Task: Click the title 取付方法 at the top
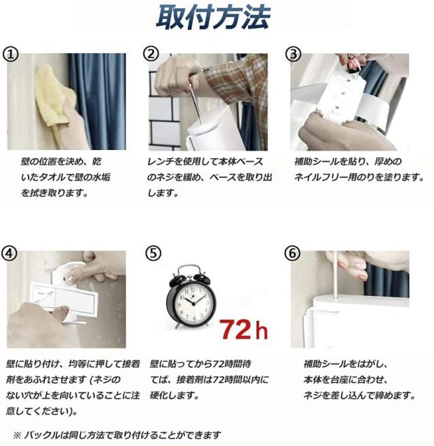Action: pyautogui.click(x=213, y=18)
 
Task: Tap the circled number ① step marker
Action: pyautogui.click(x=10, y=54)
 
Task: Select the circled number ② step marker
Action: pyautogui.click(x=151, y=54)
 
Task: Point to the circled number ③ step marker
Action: pyautogui.click(x=293, y=54)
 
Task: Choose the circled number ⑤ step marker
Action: pyautogui.click(x=153, y=253)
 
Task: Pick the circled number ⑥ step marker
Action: pyautogui.click(x=292, y=253)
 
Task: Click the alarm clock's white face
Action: pyautogui.click(x=193, y=303)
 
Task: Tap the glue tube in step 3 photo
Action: pyautogui.click(x=352, y=65)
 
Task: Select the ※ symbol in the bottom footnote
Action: pyautogui.click(x=17, y=435)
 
